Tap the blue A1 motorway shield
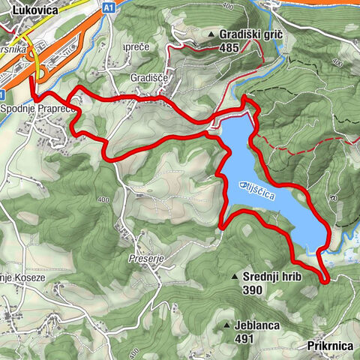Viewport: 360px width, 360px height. pos(109,7)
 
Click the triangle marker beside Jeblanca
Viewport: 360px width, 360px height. pos(227,326)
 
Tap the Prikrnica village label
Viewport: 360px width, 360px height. pos(330,346)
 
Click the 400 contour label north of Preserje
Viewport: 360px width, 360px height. pos(103,199)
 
